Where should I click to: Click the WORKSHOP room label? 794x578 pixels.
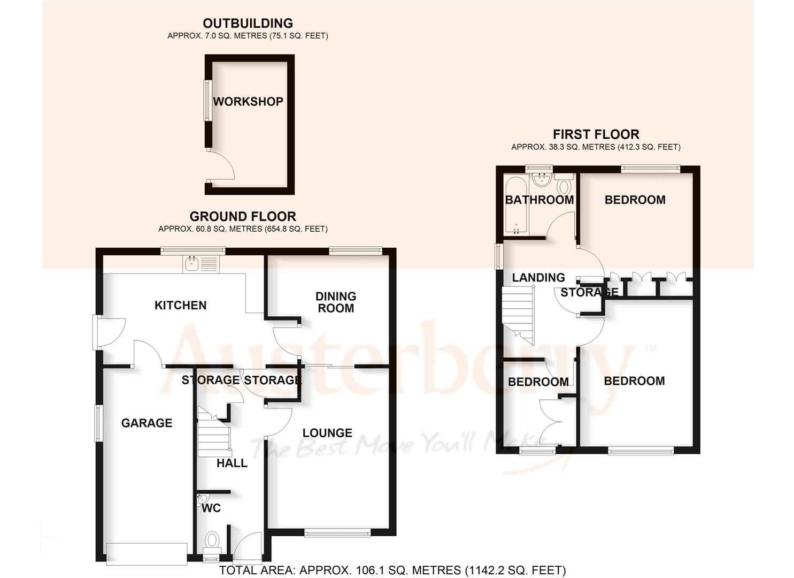248,102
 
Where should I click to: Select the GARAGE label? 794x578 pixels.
147,423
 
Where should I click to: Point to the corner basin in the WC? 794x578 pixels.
202,500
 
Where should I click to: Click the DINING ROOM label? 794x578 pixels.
335,302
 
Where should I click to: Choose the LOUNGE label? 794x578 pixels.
327,433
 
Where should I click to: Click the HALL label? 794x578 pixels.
232,463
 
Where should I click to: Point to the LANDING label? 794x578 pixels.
538,278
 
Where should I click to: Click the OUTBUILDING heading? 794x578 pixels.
248,24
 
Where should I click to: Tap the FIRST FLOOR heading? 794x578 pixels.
596,134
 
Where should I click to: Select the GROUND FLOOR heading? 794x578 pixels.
243,217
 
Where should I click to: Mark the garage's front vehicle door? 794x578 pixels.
147,553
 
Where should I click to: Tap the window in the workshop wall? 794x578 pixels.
205,101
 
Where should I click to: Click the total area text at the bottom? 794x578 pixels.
392,571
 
